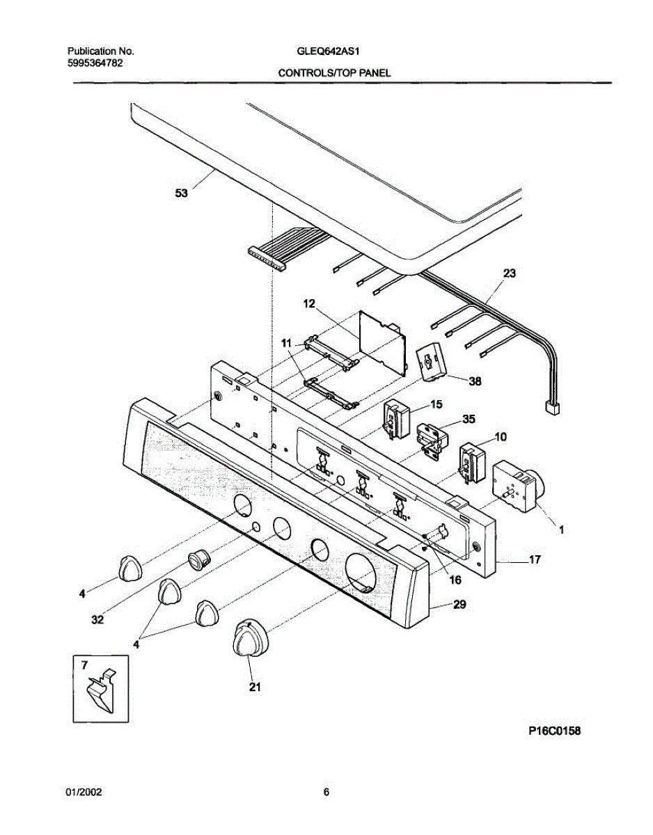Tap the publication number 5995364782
pyautogui.click(x=96, y=63)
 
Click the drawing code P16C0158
pyautogui.click(x=553, y=731)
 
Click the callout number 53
pyautogui.click(x=181, y=195)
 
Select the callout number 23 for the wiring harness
pyautogui.click(x=510, y=273)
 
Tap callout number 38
pyautogui.click(x=475, y=381)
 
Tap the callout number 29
pyautogui.click(x=459, y=605)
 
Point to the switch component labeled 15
pyautogui.click(x=395, y=420)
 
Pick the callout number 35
pyautogui.click(x=469, y=420)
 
